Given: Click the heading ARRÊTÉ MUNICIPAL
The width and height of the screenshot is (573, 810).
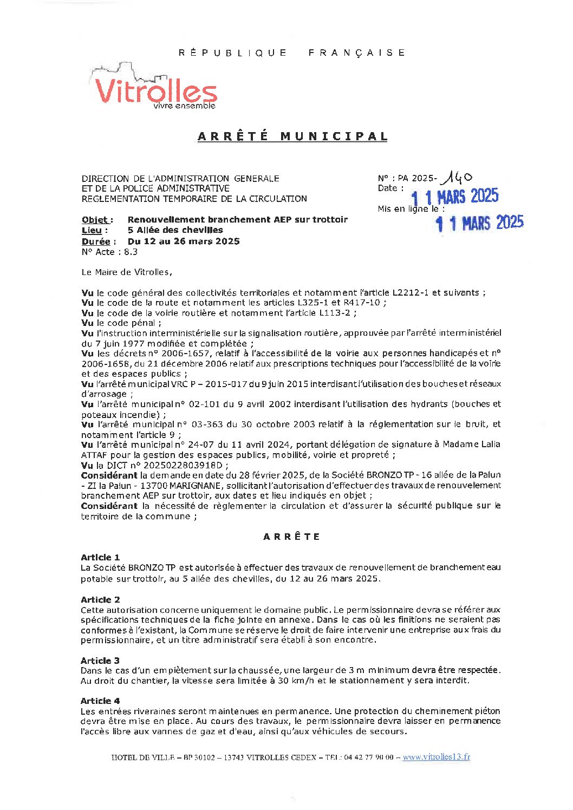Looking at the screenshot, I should [x=292, y=136].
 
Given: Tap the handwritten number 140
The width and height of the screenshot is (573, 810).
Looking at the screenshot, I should [x=457, y=177].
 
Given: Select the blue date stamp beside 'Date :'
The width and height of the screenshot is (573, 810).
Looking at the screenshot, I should [x=454, y=197].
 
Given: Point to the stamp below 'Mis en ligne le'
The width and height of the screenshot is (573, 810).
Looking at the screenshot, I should [x=480, y=223].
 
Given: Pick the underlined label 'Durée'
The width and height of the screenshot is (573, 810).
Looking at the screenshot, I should [x=96, y=241].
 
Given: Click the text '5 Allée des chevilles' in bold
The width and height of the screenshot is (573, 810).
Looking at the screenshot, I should [x=175, y=230].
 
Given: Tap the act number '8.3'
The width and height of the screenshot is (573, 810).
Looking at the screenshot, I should [x=131, y=252].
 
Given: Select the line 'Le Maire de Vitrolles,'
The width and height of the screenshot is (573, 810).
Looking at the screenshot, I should [x=127, y=272].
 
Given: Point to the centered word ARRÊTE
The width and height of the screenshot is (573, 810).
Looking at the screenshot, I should [x=292, y=537].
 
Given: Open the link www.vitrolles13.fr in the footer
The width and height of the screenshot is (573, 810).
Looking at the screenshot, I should [x=436, y=757].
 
